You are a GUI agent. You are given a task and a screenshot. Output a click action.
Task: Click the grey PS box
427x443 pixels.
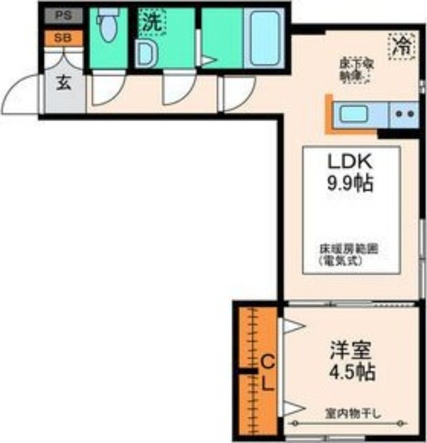click(63, 16)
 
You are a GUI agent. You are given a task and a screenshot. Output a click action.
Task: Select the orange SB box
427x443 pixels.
click(63, 38)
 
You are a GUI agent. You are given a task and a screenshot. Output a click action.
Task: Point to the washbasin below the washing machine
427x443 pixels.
click(147, 54)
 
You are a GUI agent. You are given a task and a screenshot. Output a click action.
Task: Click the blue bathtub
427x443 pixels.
click(264, 38)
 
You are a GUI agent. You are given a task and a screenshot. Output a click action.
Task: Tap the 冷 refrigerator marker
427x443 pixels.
click(402, 45)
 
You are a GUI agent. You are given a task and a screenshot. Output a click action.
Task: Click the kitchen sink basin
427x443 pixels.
click(354, 115)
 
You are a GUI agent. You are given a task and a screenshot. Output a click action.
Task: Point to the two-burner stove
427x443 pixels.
click(405, 115)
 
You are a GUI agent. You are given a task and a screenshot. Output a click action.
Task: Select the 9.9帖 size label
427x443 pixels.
click(350, 182)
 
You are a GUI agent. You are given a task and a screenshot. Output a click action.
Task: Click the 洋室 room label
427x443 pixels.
click(350, 350)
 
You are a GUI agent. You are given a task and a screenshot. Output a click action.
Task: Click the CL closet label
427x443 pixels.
click(267, 373)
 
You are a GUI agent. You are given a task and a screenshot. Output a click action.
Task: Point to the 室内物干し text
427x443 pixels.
click(350, 413)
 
